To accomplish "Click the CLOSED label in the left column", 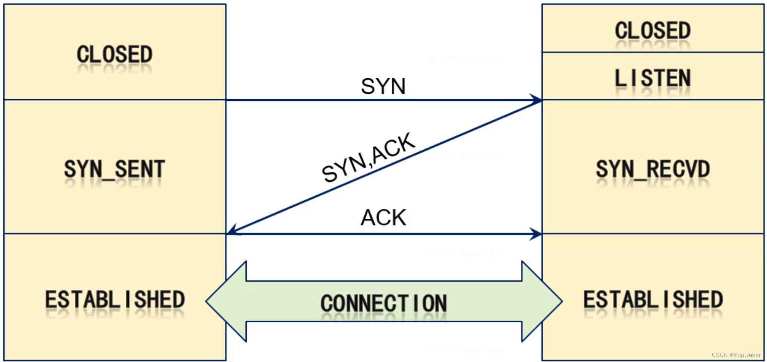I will click(115, 55).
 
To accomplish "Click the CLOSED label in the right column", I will click(653, 31).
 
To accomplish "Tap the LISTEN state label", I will click(653, 78).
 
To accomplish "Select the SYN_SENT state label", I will click(115, 169).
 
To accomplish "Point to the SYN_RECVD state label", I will click(653, 169).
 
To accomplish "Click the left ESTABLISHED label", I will click(115, 300).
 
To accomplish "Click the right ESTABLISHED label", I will click(653, 300).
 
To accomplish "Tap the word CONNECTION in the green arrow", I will click(384, 303).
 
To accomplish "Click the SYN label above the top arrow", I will click(383, 86).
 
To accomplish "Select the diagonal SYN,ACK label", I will click(368, 157).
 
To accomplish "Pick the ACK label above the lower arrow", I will click(384, 218).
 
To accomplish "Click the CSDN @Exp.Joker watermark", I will click(736, 355).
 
